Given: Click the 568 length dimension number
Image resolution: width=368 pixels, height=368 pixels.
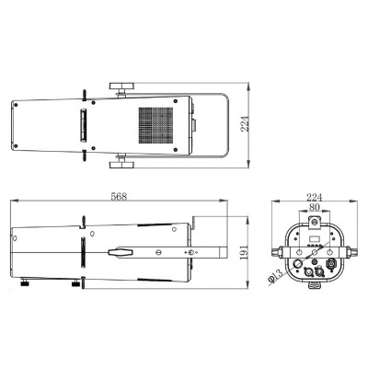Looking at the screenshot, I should point(117,195).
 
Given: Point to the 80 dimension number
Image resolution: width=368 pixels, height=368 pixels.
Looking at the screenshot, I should point(316,208).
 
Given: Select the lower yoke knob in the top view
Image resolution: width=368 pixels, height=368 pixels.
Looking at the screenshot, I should point(121,165).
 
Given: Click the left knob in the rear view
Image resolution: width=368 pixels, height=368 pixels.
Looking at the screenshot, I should point(276,252).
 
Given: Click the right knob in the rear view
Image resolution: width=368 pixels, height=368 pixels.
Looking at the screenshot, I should point(356,252).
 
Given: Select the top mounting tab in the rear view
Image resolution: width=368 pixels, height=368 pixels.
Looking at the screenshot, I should point(316,218).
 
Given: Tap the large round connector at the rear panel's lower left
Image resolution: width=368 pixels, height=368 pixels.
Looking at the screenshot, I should point(301,270).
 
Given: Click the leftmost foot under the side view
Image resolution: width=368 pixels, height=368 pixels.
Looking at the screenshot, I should point(27,281).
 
